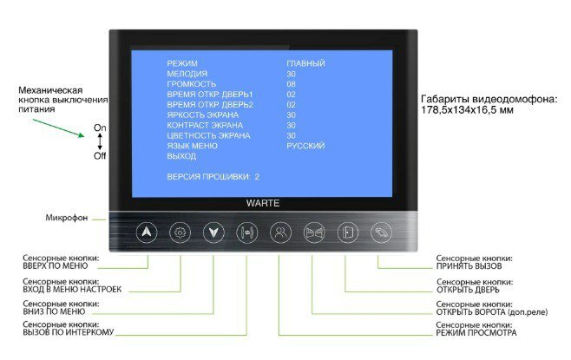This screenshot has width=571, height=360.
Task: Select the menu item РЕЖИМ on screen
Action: [x=182, y=63]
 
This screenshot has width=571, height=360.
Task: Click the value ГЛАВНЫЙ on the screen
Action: [x=305, y=63]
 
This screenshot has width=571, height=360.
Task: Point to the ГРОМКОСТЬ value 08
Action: [x=292, y=84]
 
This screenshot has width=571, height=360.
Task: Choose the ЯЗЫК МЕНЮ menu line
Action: [x=192, y=146]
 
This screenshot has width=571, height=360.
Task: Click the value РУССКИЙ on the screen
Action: [x=305, y=146]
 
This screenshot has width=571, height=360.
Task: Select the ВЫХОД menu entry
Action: [x=181, y=156]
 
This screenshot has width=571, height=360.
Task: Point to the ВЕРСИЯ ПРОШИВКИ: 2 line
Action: [x=213, y=176]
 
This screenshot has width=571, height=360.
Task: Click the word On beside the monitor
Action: [x=99, y=128]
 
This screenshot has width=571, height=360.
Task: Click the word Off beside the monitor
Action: [x=99, y=156]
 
